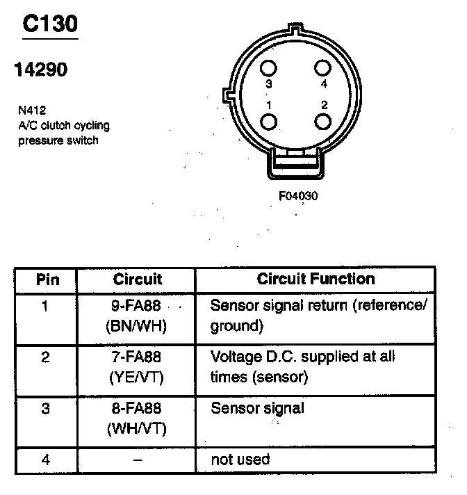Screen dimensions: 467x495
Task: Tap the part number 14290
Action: pyautogui.click(x=41, y=70)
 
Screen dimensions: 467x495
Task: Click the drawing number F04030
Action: pyautogui.click(x=298, y=196)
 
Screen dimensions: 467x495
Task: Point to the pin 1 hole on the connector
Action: pyautogui.click(x=269, y=122)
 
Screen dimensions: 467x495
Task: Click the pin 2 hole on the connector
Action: pyautogui.click(x=322, y=121)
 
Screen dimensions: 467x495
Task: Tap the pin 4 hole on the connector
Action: pyautogui.click(x=322, y=68)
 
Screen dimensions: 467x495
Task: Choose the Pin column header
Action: pyautogui.click(x=47, y=279)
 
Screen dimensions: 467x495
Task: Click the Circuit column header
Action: pyautogui.click(x=137, y=279)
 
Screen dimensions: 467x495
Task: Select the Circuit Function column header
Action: pyautogui.click(x=316, y=279)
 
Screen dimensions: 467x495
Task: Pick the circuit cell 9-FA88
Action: pyautogui.click(x=137, y=305)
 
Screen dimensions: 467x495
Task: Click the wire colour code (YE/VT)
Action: pyautogui.click(x=137, y=377)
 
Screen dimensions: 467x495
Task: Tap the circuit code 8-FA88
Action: pyautogui.click(x=137, y=409)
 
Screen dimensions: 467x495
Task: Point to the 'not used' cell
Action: pyautogui.click(x=240, y=459)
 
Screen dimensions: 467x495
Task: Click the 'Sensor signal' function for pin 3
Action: pyautogui.click(x=257, y=407)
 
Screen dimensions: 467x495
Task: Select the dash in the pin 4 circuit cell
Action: pyautogui.click(x=137, y=460)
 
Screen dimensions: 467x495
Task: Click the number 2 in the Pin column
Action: pyautogui.click(x=46, y=357)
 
